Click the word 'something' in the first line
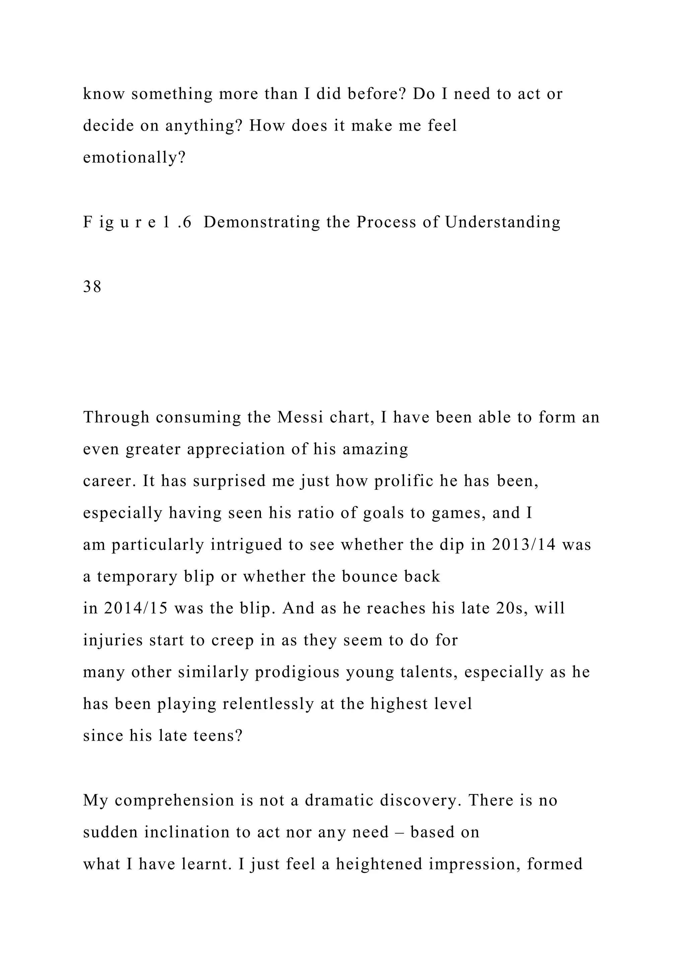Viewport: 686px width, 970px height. [172, 94]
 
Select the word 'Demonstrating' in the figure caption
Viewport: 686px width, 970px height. [262, 222]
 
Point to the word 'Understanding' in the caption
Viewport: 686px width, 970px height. [503, 222]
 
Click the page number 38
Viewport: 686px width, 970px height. [92, 287]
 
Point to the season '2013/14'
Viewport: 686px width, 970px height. [523, 545]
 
